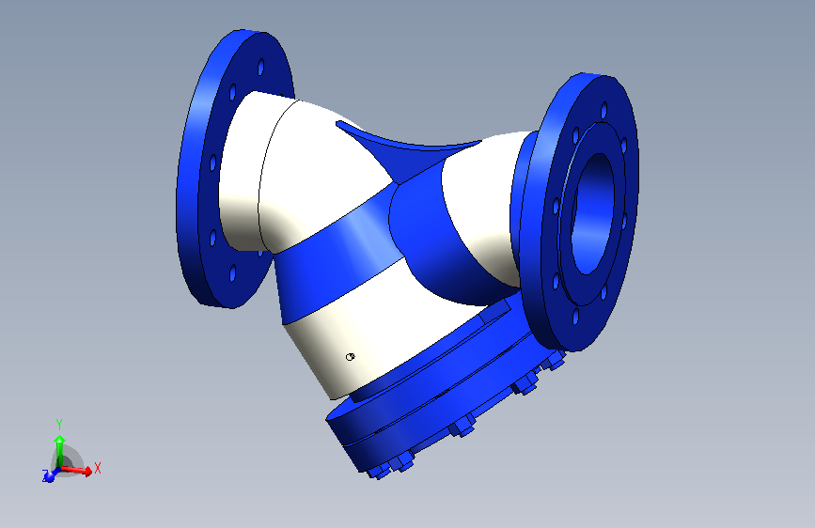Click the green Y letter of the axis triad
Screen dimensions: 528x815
pos(58,424)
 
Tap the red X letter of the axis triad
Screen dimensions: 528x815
pos(98,467)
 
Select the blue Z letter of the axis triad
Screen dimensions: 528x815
pos(43,476)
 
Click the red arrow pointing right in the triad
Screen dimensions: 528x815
pos(84,470)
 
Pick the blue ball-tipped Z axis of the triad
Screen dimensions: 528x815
pos(49,475)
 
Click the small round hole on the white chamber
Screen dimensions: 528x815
pos(350,356)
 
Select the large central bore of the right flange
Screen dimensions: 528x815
pos(596,212)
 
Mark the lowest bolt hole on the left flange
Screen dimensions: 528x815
pos(230,276)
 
